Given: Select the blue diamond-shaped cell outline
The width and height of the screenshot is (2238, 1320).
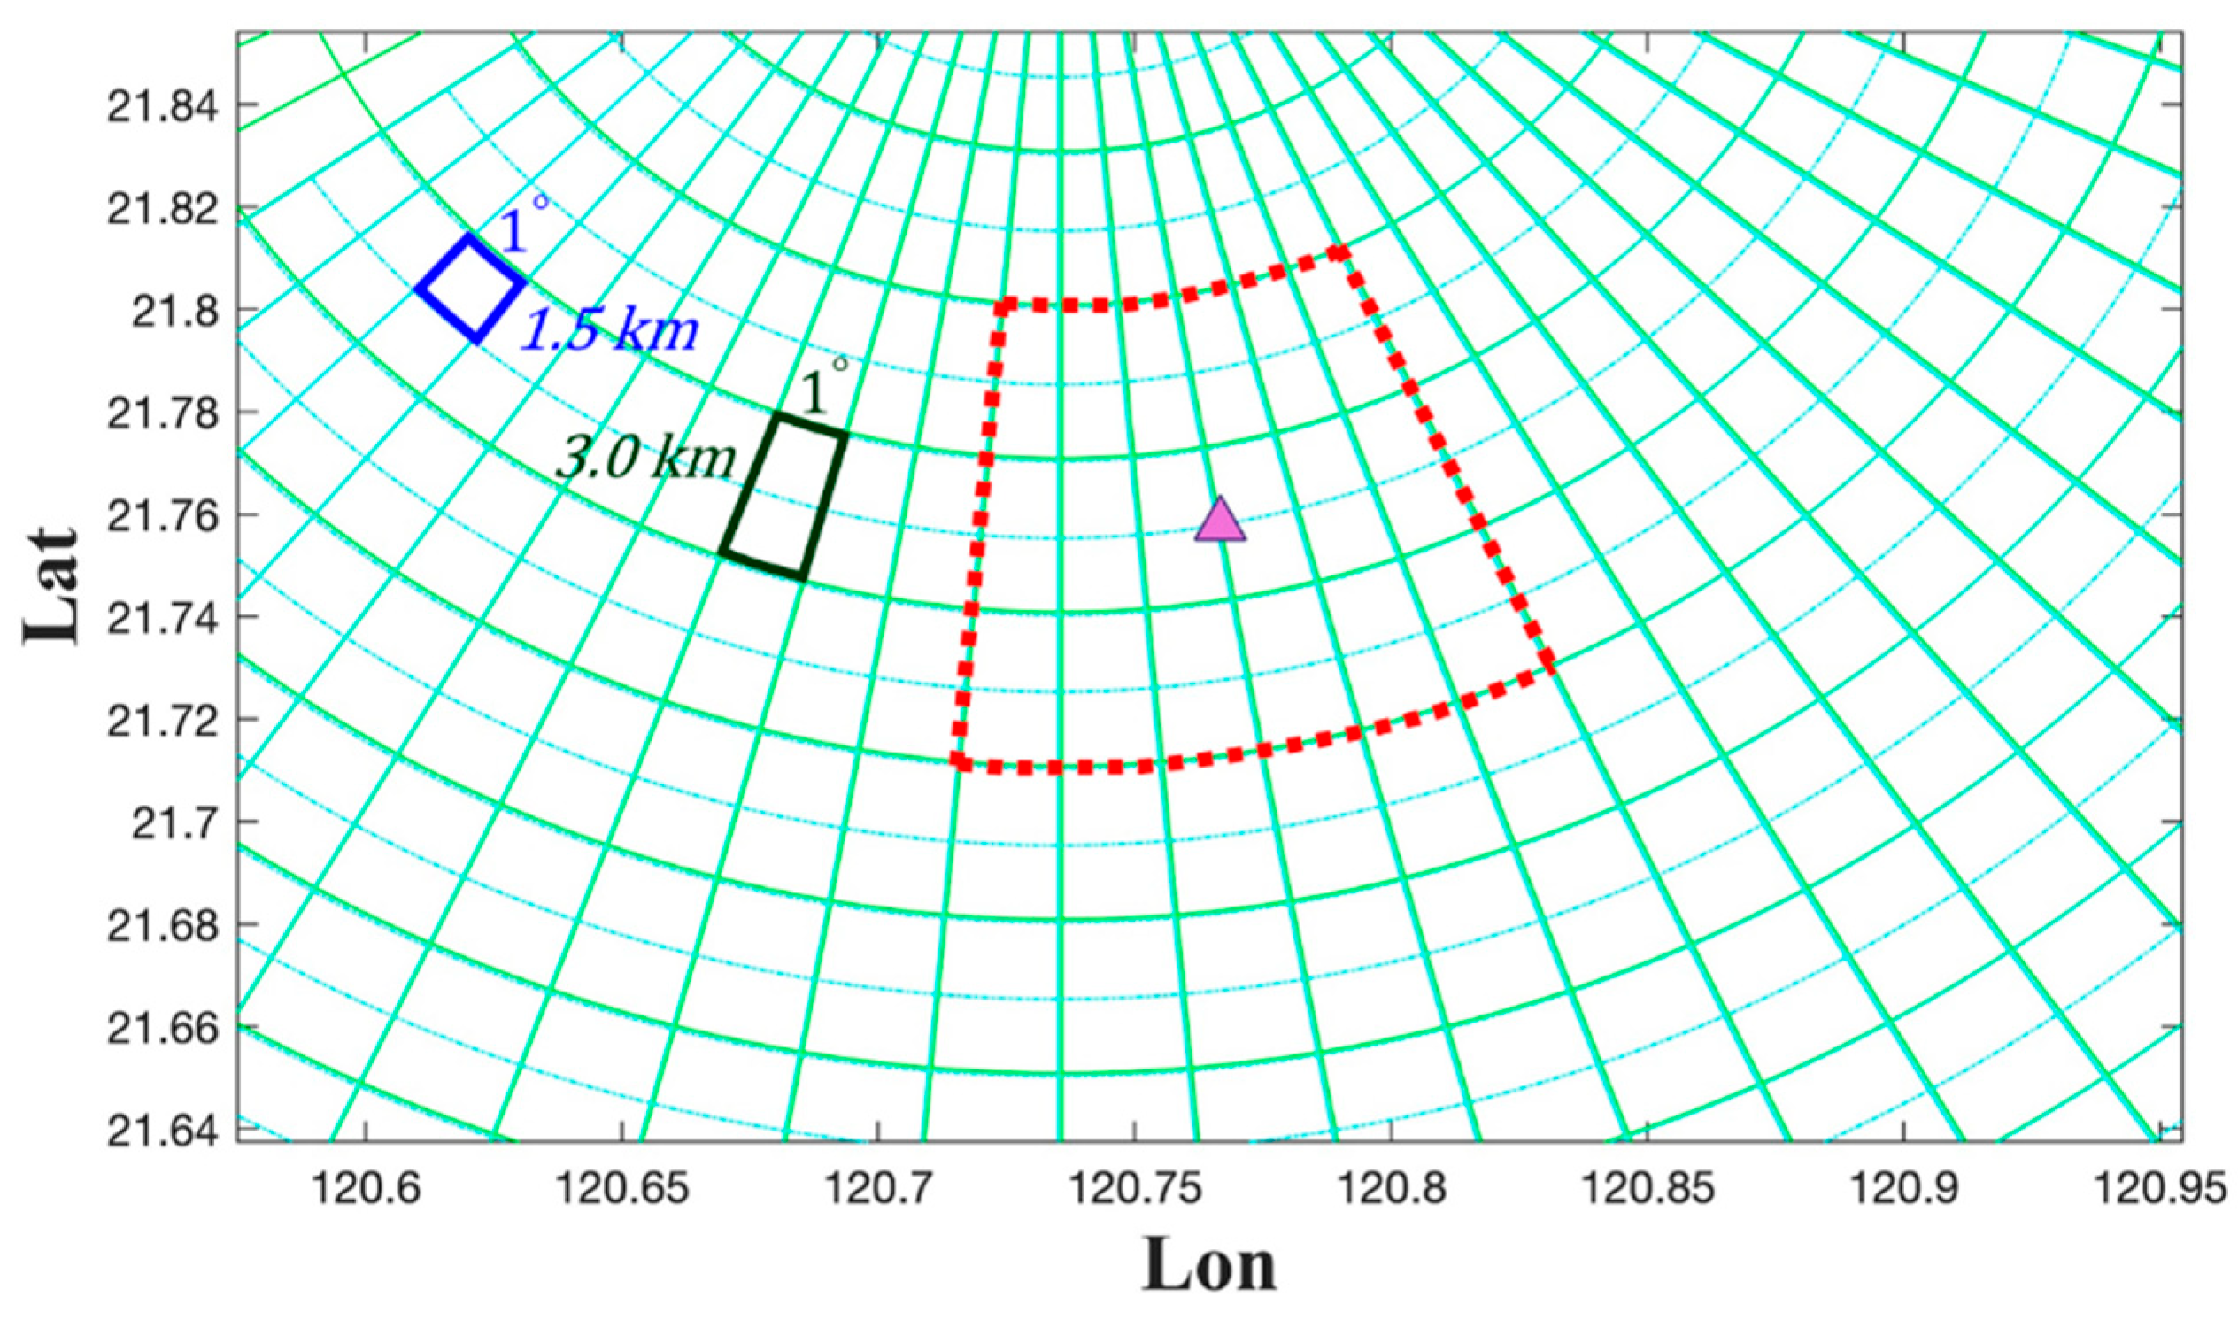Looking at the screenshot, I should (471, 288).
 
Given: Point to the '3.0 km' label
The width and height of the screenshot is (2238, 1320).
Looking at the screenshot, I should (647, 460).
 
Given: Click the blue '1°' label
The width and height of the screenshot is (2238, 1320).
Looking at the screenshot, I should (523, 227).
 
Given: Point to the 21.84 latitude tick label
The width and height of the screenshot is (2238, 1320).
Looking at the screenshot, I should (160, 106).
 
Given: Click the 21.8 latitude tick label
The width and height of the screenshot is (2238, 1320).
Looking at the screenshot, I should (173, 311).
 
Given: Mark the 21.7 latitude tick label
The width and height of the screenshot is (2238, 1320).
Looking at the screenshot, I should (173, 822).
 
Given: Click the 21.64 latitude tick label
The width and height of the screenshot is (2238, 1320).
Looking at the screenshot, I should (160, 1130).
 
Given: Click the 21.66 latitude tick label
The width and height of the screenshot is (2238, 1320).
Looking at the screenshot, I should (160, 1027).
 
